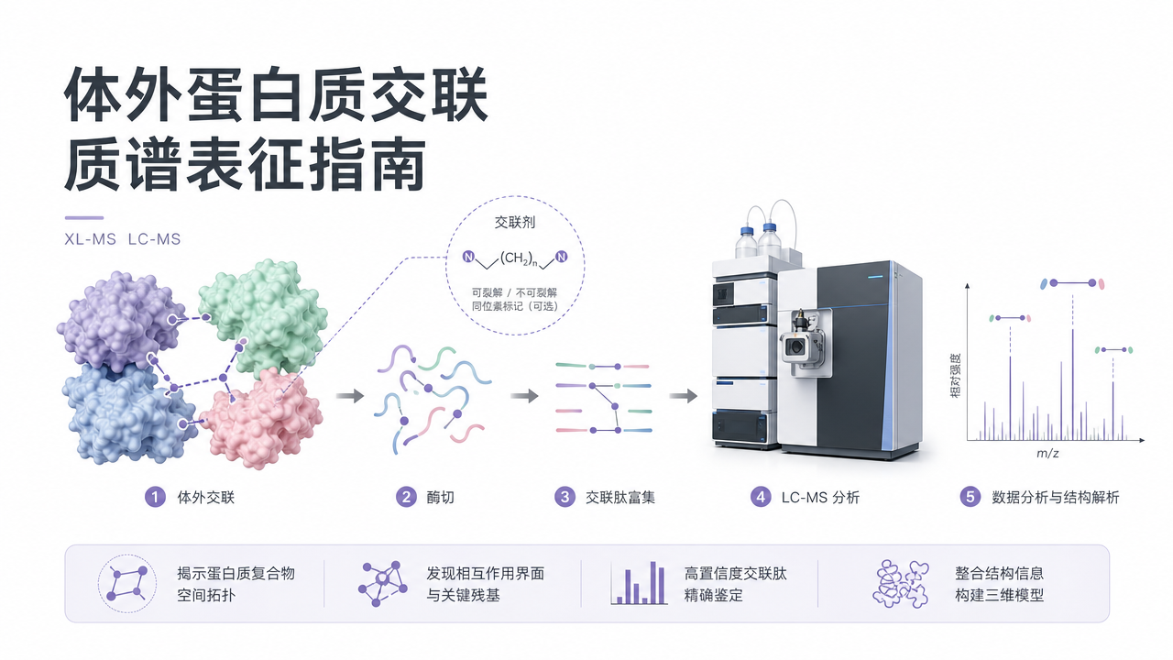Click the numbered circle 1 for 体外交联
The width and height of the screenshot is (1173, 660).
tap(155, 497)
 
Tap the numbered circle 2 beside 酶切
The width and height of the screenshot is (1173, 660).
tap(406, 497)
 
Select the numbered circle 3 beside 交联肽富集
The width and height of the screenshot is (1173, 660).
tap(565, 497)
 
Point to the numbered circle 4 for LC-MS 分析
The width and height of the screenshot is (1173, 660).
tap(761, 497)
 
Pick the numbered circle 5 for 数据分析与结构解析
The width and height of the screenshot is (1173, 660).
tap(970, 497)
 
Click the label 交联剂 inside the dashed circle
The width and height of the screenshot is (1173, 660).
tap(515, 223)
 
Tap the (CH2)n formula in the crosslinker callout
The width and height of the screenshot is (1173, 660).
tap(519, 258)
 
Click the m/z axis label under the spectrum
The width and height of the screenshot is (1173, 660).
tap(1047, 454)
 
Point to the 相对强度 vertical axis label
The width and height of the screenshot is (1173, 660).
tap(956, 376)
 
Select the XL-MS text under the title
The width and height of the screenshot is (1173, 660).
tap(90, 239)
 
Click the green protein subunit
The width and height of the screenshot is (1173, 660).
tap(263, 316)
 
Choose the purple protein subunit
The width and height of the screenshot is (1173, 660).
tap(121, 320)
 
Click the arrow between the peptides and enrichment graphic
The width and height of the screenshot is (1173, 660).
tap(524, 395)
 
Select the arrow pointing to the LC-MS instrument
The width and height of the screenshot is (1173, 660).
tap(684, 395)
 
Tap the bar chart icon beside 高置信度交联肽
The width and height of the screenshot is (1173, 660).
tap(639, 583)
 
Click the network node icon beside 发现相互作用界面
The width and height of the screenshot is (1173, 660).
tap(383, 584)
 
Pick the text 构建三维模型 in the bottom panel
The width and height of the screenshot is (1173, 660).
tap(999, 596)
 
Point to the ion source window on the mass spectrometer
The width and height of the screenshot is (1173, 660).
tap(797, 346)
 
